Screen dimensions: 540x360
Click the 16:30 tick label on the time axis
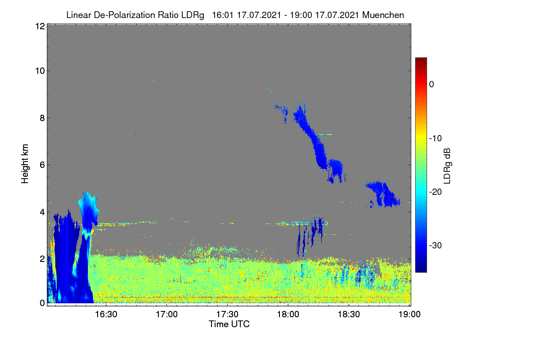click(x=106, y=315)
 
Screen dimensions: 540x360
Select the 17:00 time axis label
click(x=167, y=315)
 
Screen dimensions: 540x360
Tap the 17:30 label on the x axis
click(x=227, y=315)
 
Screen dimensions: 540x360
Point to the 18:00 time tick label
click(x=288, y=315)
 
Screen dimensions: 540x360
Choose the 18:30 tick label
click(x=349, y=315)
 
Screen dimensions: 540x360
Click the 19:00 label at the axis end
click(x=409, y=315)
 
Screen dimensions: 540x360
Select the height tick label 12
click(x=40, y=26)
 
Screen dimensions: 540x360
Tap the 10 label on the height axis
click(x=40, y=71)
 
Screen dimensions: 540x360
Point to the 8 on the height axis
click(x=42, y=118)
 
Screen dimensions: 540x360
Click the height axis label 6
click(x=42, y=165)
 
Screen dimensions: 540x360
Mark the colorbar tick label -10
click(x=436, y=139)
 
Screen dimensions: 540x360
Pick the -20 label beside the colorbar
click(x=436, y=192)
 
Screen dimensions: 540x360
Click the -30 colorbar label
click(x=436, y=245)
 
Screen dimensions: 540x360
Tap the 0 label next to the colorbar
click(x=432, y=85)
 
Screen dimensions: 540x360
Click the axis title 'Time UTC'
click(x=229, y=324)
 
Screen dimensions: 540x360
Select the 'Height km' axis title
click(x=25, y=164)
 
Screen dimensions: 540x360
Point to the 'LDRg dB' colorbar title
click(x=447, y=166)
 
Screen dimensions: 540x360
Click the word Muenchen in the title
click(x=383, y=15)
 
